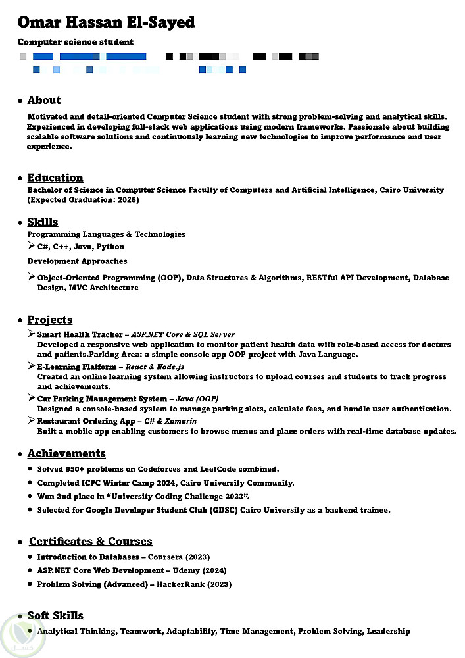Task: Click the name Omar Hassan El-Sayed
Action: tap(106, 22)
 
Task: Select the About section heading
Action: tap(44, 101)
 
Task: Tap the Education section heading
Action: tap(55, 178)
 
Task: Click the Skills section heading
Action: tap(43, 222)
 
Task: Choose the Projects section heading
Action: tap(50, 320)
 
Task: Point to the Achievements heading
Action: tap(66, 453)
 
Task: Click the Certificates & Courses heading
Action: tap(91, 542)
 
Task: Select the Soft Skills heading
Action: tap(55, 616)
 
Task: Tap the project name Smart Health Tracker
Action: tap(80, 334)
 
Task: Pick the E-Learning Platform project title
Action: tap(76, 367)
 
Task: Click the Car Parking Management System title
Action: tap(102, 399)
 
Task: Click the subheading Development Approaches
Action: tap(77, 261)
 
